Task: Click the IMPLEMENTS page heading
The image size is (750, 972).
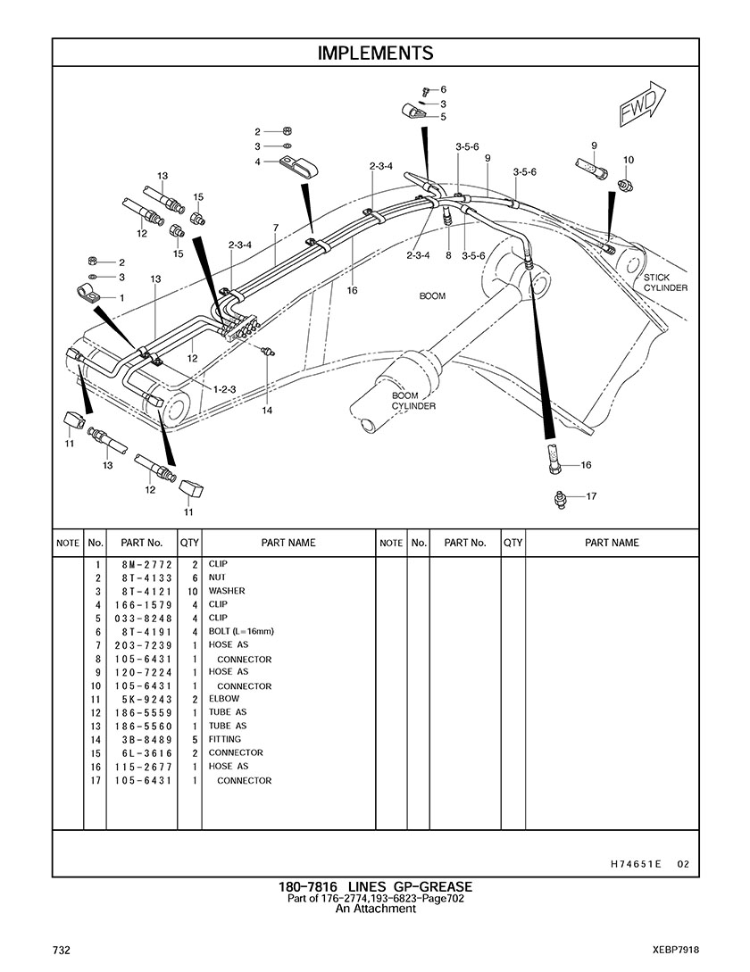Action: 375,54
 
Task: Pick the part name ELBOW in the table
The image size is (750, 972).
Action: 224,699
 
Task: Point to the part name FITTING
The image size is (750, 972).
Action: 225,739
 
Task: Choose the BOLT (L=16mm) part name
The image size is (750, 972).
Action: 241,631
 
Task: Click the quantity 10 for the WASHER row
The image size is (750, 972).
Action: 191,591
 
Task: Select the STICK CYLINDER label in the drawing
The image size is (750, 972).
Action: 665,283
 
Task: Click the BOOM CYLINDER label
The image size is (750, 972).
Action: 413,401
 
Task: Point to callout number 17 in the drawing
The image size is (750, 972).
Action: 591,496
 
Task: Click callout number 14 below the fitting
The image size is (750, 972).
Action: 267,411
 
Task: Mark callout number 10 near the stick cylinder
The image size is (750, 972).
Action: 629,160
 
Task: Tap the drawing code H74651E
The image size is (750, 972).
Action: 636,864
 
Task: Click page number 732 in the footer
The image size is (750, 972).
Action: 61,949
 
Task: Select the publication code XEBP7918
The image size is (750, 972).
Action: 675,949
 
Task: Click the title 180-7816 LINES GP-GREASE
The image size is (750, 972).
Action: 375,886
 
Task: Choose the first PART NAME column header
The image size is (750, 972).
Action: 287,543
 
